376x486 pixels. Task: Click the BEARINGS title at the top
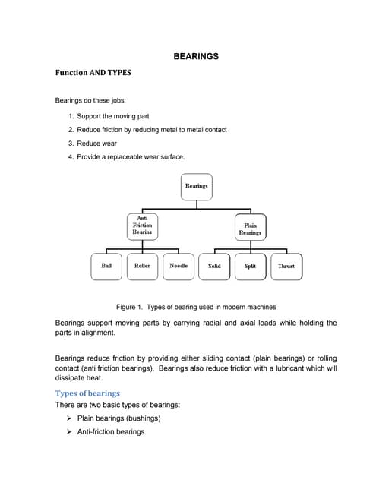tap(197, 56)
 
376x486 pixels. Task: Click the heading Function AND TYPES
tap(93, 73)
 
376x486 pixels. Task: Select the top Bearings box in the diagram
tap(196, 186)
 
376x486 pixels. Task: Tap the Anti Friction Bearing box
tap(142, 226)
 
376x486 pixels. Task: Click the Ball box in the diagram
tap(106, 266)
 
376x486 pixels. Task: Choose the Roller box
tap(142, 266)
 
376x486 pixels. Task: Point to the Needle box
tap(179, 266)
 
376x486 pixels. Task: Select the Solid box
tap(214, 267)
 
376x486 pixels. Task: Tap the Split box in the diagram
tap(250, 267)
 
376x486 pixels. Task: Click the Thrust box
tap(286, 267)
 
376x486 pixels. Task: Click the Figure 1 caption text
tap(196, 307)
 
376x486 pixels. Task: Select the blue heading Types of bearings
tap(87, 393)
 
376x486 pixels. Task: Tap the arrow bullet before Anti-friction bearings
tap(70, 432)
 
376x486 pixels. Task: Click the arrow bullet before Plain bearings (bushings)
tap(70, 418)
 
